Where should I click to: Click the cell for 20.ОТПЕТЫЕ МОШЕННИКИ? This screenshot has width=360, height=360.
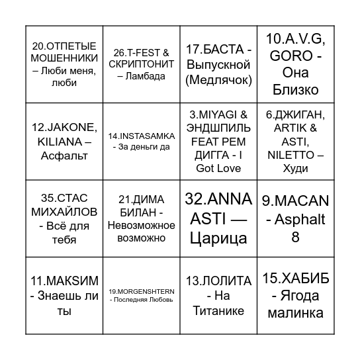point(64,64)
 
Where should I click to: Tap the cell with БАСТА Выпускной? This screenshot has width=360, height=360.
point(218,64)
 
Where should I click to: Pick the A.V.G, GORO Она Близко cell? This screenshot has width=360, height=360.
point(295,64)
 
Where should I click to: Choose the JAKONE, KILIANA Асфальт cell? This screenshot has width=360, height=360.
point(64,141)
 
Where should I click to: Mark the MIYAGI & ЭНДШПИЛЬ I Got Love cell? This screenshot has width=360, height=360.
point(218,141)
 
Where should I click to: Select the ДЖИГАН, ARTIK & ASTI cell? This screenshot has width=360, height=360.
point(295,141)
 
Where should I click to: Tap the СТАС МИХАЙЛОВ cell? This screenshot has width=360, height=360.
point(64,218)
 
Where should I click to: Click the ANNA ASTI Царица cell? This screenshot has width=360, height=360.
point(218,218)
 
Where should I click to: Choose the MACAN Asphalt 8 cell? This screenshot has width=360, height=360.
point(295,218)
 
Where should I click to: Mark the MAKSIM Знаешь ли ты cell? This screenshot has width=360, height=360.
point(64,295)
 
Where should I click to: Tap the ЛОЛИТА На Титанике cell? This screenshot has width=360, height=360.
point(218,295)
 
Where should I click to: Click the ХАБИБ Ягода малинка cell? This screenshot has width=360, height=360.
point(295,295)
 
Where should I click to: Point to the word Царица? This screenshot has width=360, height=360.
point(218,238)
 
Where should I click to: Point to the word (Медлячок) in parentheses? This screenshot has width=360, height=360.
point(218,80)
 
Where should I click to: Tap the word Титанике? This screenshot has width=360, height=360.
point(218,310)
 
